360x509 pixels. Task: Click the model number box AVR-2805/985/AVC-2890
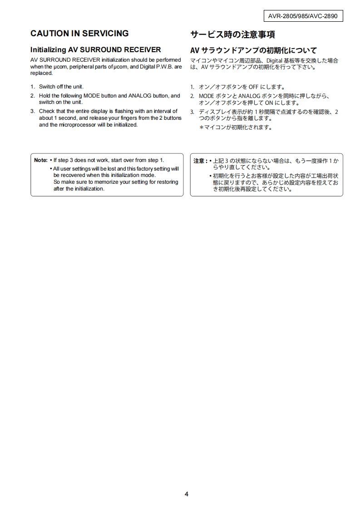click(303, 16)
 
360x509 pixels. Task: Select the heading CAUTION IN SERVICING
click(79, 34)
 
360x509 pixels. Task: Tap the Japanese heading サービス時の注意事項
click(232, 34)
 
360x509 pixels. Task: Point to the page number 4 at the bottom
click(186, 494)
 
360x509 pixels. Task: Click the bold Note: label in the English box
click(41, 160)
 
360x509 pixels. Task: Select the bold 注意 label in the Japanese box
click(199, 161)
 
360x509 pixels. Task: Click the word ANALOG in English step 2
click(142, 96)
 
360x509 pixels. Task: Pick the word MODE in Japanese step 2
click(207, 96)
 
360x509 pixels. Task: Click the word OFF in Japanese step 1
click(253, 87)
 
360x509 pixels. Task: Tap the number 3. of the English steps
click(33, 111)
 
